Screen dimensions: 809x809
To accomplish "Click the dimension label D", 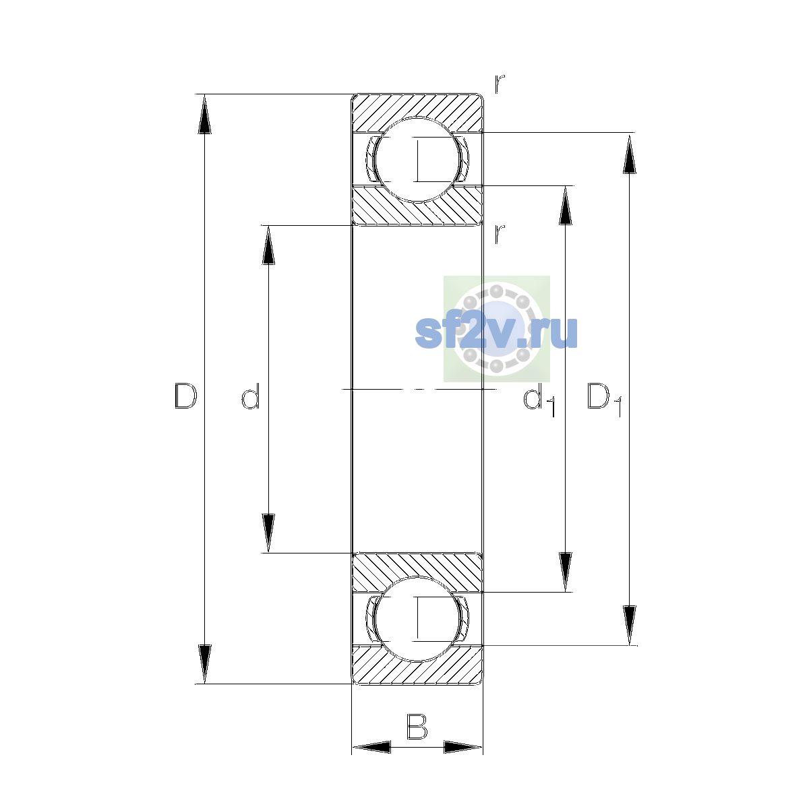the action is (x=185, y=396).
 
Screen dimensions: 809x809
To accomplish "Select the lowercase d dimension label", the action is (x=251, y=396).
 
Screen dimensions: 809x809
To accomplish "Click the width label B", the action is (x=417, y=727).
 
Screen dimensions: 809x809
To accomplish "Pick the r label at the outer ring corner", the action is (x=499, y=84).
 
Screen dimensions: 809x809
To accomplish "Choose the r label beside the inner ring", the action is (x=499, y=234).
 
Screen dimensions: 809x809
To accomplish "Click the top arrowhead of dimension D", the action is (x=204, y=114).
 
